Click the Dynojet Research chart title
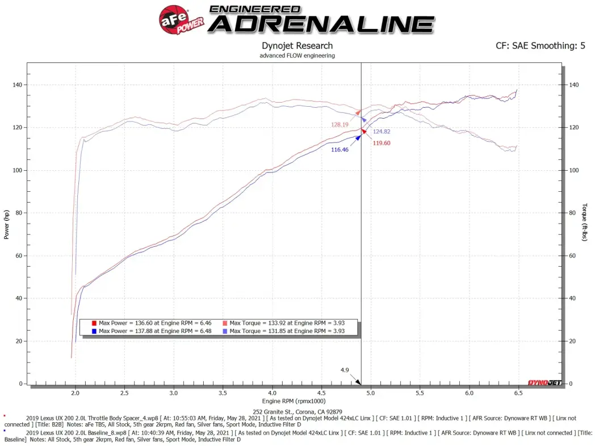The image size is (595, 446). (297, 46)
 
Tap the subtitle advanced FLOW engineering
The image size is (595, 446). (297, 56)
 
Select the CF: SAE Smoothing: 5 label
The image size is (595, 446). (540, 46)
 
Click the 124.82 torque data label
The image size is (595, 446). (382, 132)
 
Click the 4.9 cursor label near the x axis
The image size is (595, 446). (345, 370)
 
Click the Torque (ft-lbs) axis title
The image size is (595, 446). (585, 222)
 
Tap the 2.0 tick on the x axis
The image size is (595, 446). (76, 393)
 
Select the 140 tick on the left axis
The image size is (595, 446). (18, 85)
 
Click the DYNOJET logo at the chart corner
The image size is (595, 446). (544, 382)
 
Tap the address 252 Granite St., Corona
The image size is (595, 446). (297, 412)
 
